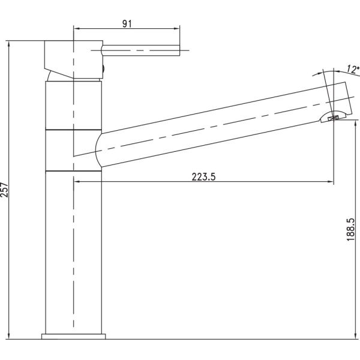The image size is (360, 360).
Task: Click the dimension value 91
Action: coord(127,23)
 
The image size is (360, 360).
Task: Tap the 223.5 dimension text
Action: coord(203,177)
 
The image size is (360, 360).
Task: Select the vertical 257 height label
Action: coord(4,190)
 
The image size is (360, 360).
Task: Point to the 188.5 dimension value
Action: coord(350,230)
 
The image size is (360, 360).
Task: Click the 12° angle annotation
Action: coord(353,69)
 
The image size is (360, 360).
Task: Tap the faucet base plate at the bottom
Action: coord(73,337)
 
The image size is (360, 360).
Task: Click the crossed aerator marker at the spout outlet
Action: coord(334,118)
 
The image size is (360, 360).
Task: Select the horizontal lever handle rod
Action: coord(140,50)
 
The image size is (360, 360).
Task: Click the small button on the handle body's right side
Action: coord(103,68)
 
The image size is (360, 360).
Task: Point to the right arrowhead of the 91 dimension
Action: coord(177,29)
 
